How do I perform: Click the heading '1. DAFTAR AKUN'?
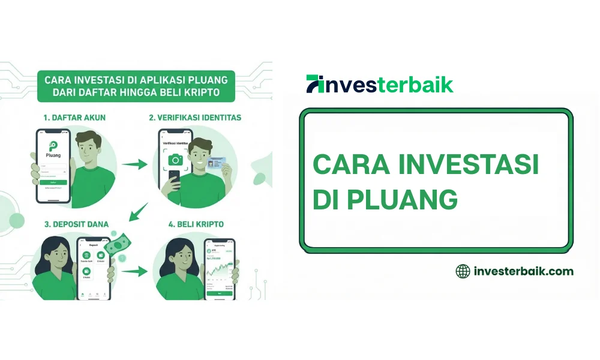(74, 118)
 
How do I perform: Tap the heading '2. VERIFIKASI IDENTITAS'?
(195, 118)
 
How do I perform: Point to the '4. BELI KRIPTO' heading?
(196, 224)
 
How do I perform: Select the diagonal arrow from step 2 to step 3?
(139, 210)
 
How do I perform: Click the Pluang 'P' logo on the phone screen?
(53, 148)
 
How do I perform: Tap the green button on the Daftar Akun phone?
(53, 182)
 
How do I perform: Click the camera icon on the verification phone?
(175, 160)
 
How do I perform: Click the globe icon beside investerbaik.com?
(463, 271)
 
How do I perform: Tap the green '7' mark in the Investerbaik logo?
(315, 84)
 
